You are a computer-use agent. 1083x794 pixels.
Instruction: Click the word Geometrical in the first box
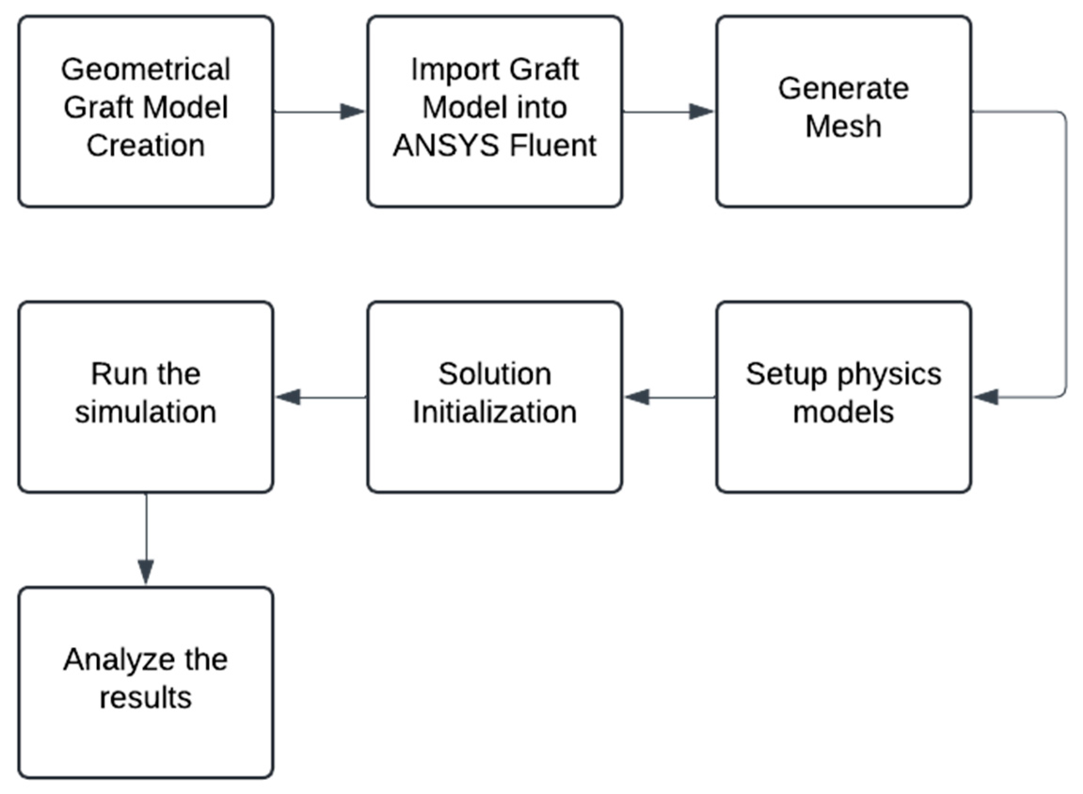pyautogui.click(x=146, y=70)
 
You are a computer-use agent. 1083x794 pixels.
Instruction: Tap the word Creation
pyautogui.click(x=146, y=145)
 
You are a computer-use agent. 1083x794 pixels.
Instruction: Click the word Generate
pyautogui.click(x=844, y=89)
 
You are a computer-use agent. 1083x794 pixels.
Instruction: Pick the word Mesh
pyautogui.click(x=844, y=127)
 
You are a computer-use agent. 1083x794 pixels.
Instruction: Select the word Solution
pyautogui.click(x=494, y=374)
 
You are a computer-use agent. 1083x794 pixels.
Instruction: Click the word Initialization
pyautogui.click(x=494, y=413)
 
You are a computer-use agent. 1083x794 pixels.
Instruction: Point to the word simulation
pyautogui.click(x=146, y=413)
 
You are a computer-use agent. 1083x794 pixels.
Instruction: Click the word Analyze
pyautogui.click(x=118, y=660)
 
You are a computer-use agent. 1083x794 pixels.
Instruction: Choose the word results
pyautogui.click(x=146, y=698)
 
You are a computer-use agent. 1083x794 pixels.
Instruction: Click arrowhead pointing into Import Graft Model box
pyautogui.click(x=352, y=112)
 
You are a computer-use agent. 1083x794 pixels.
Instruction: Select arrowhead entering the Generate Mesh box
pyautogui.click(x=701, y=112)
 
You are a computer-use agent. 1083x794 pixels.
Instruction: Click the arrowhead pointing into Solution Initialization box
pyautogui.click(x=637, y=397)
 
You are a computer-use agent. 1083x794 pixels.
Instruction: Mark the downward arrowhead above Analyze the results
pyautogui.click(x=146, y=571)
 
